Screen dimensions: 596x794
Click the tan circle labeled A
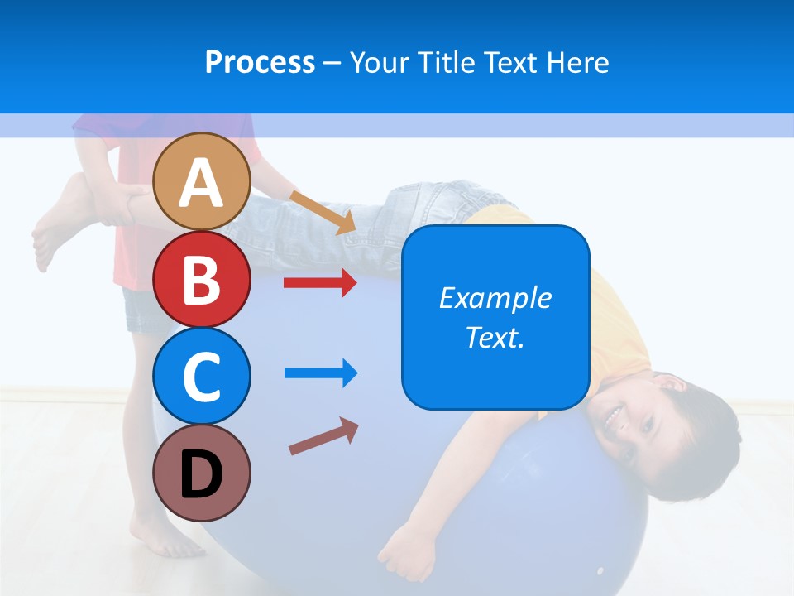[x=202, y=181]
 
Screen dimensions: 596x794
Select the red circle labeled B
[x=202, y=280]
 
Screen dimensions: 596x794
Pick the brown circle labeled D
[x=202, y=473]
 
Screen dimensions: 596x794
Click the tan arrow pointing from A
[x=323, y=212]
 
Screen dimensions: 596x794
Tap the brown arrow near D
[x=323, y=436]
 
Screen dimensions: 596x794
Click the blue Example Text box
[x=495, y=317]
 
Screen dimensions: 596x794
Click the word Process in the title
[x=260, y=62]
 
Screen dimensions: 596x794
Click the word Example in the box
[x=495, y=298]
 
